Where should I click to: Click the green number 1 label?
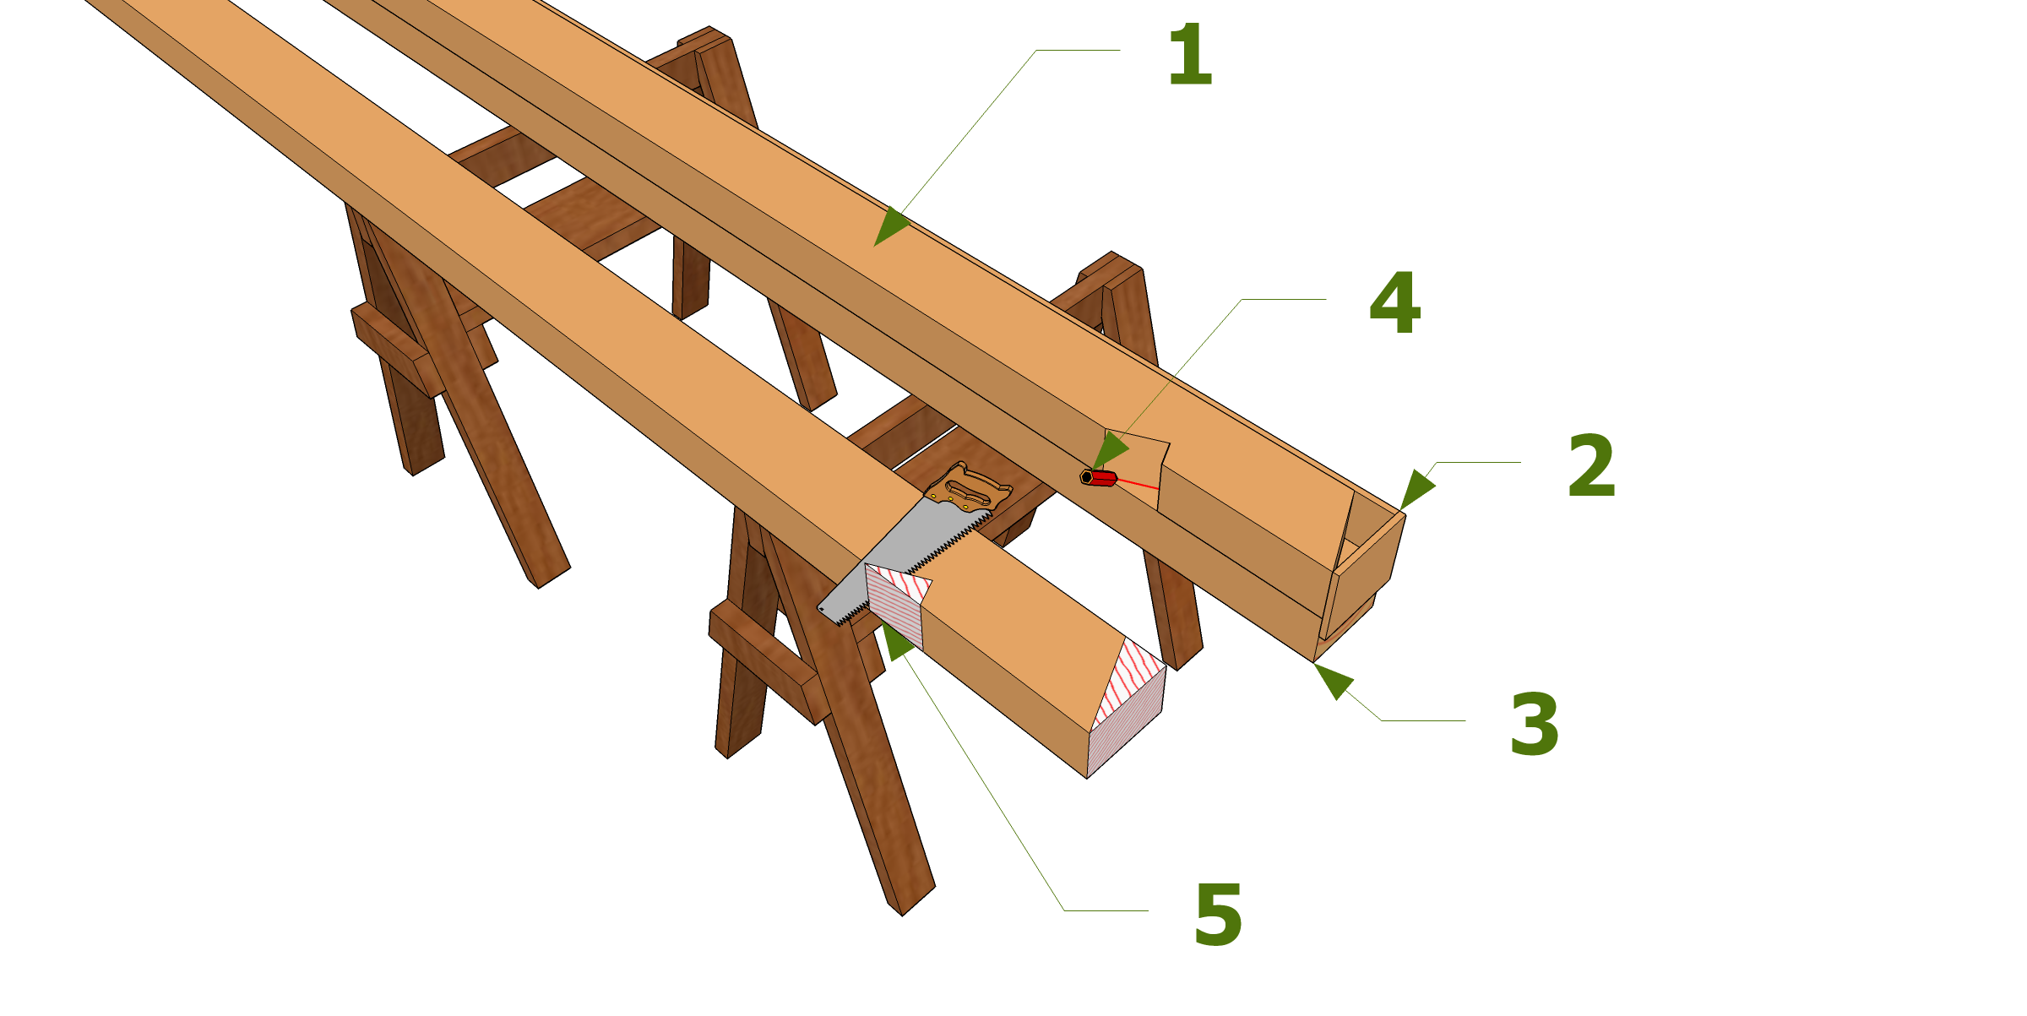click(x=1190, y=55)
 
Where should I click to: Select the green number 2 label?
click(x=1591, y=465)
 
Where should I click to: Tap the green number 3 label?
click(x=1534, y=725)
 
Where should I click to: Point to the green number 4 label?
click(x=1394, y=302)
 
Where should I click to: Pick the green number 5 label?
click(x=1218, y=915)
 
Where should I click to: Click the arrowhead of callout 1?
click(x=890, y=226)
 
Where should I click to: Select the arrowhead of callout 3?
click(x=1334, y=681)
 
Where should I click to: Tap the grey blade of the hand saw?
click(x=904, y=562)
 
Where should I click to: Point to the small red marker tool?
click(x=1099, y=478)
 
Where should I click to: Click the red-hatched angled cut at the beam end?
click(x=1130, y=682)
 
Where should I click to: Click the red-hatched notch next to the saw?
click(x=897, y=604)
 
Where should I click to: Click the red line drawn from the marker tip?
click(x=1138, y=484)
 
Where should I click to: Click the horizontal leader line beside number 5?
click(x=1106, y=910)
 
